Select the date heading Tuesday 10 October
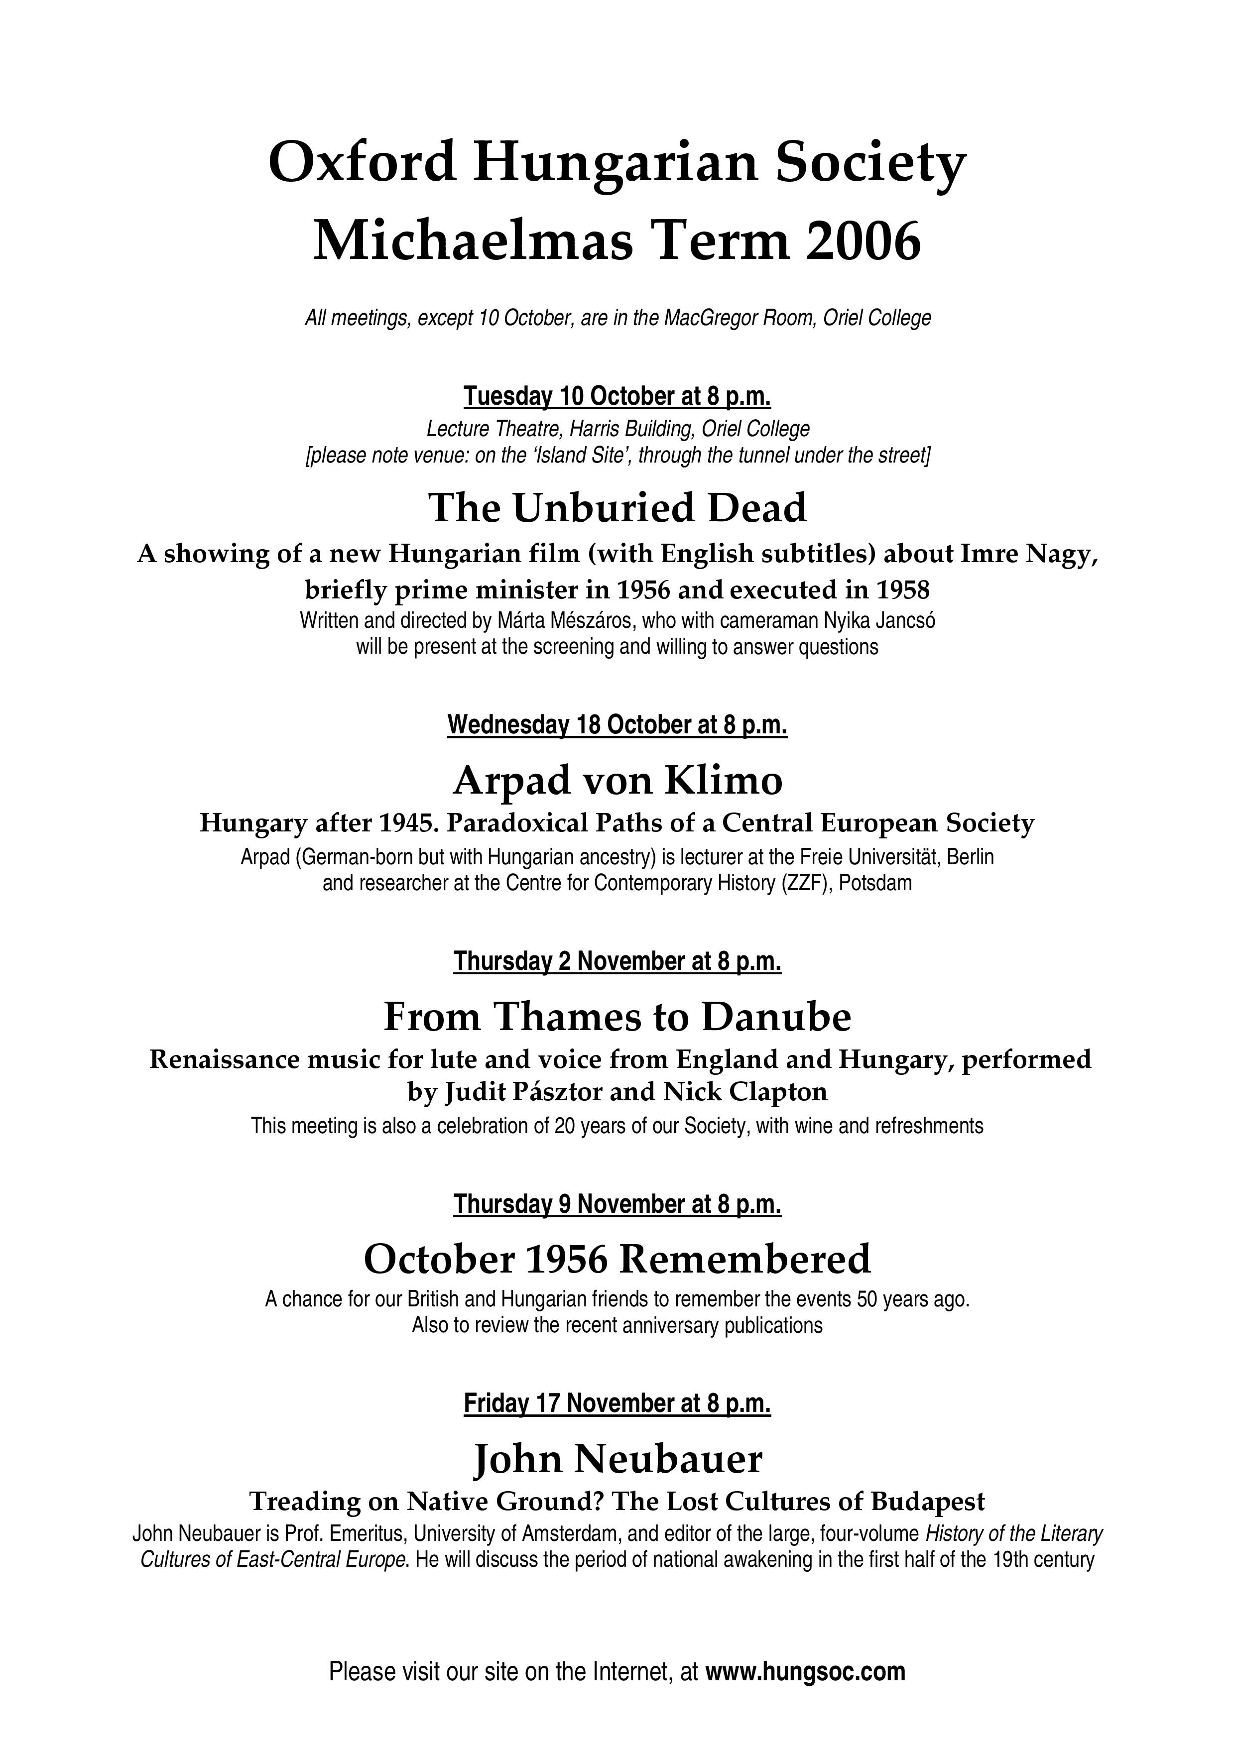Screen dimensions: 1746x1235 [617, 396]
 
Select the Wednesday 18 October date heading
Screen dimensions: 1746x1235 [617, 725]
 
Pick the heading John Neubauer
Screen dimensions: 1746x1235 [617, 1459]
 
